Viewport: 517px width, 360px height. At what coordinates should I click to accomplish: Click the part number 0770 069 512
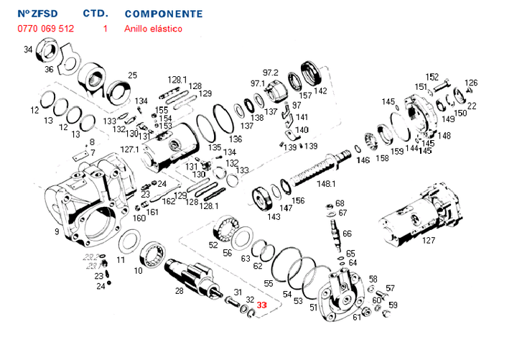[x=46, y=29]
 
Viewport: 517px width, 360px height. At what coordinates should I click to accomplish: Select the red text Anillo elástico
[x=153, y=29]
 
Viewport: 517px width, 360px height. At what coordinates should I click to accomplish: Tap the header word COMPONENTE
[x=163, y=14]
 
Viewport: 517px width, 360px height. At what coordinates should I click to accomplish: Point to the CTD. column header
[x=96, y=14]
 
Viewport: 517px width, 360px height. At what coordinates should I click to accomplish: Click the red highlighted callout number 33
[x=262, y=305]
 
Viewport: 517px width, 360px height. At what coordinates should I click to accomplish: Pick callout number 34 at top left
[x=28, y=50]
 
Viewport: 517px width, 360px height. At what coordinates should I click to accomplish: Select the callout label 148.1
[x=327, y=185]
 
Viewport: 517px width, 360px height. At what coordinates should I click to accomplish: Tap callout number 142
[x=320, y=91]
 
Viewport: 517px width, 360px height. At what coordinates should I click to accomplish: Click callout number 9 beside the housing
[x=57, y=232]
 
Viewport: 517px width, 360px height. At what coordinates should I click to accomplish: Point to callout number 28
[x=179, y=291]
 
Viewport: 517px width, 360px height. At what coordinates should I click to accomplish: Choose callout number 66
[x=347, y=234]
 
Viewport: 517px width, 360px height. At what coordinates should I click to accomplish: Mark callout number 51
[x=313, y=308]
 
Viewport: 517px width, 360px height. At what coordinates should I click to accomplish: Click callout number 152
[x=432, y=77]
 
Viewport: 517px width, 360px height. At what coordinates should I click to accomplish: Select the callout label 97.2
[x=270, y=73]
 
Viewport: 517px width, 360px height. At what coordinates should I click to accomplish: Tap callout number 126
[x=471, y=83]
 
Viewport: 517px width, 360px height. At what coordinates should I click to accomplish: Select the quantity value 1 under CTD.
[x=105, y=29]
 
